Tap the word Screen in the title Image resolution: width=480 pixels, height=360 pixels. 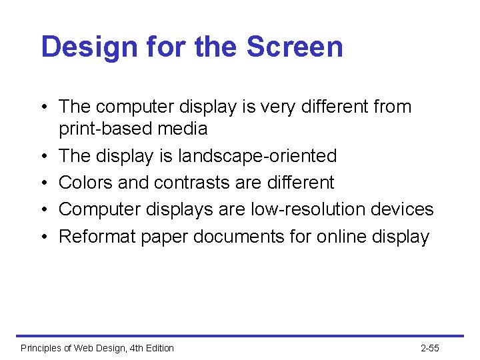click(295, 47)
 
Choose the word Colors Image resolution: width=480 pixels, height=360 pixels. click(82, 183)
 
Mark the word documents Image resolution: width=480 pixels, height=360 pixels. click(241, 237)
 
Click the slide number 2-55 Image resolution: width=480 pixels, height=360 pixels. click(430, 348)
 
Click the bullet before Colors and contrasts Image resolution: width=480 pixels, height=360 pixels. click(43, 183)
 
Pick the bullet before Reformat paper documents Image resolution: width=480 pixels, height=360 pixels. click(43, 237)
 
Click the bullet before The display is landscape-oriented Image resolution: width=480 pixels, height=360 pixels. click(43, 156)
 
